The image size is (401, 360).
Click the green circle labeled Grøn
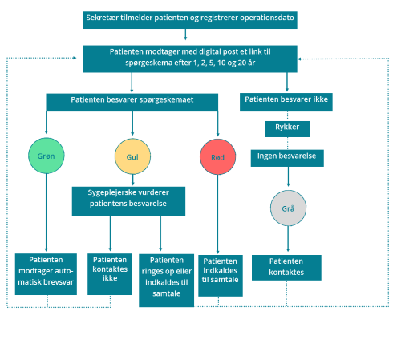[47, 156]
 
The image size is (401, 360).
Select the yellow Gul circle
[132, 156]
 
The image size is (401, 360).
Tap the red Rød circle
[218, 157]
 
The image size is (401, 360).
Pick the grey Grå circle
[288, 208]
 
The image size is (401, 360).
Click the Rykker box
[287, 129]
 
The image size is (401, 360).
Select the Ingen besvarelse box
[287, 158]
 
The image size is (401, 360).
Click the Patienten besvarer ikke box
[286, 102]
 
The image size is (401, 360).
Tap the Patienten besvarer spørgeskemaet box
[132, 103]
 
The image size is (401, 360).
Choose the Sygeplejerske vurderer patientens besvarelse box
[128, 201]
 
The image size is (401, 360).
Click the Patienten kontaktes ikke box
[110, 274]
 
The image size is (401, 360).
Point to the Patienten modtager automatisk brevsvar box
[46, 274]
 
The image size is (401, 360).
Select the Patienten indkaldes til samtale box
[221, 276]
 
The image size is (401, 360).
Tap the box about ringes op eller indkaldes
[167, 281]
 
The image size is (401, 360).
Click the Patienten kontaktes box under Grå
[286, 268]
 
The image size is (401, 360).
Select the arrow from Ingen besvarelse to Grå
[288, 176]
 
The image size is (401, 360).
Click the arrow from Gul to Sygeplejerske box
[133, 180]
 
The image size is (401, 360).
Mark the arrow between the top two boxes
[185, 34]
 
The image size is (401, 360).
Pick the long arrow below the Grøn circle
[47, 212]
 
